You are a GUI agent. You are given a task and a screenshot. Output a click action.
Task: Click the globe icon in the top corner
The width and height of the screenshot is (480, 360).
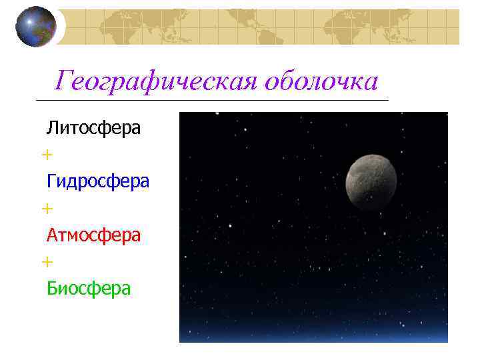pyautogui.click(x=36, y=27)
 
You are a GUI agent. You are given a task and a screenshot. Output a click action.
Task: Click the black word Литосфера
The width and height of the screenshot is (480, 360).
pyautogui.click(x=93, y=127)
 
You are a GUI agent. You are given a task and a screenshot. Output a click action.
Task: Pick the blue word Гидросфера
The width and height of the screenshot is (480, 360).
pyautogui.click(x=98, y=181)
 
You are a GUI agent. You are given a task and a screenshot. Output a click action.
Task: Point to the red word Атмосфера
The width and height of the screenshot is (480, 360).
pyautogui.click(x=93, y=235)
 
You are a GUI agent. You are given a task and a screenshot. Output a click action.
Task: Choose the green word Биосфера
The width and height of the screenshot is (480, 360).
pyautogui.click(x=89, y=288)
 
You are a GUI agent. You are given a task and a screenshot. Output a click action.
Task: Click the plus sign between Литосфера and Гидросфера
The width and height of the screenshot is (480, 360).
pyautogui.click(x=47, y=155)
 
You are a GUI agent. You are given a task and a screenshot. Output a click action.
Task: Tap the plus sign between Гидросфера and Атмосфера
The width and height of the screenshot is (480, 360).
pyautogui.click(x=47, y=209)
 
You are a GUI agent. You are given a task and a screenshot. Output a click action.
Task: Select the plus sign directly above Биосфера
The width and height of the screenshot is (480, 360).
pyautogui.click(x=47, y=262)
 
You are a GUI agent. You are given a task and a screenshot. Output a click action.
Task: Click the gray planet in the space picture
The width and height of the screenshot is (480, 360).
pyautogui.click(x=371, y=182)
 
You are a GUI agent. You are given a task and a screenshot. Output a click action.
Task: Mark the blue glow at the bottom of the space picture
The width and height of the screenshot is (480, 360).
pyautogui.click(x=313, y=333)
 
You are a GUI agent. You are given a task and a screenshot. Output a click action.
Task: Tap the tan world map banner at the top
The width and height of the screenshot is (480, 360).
pyautogui.click(x=267, y=27)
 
